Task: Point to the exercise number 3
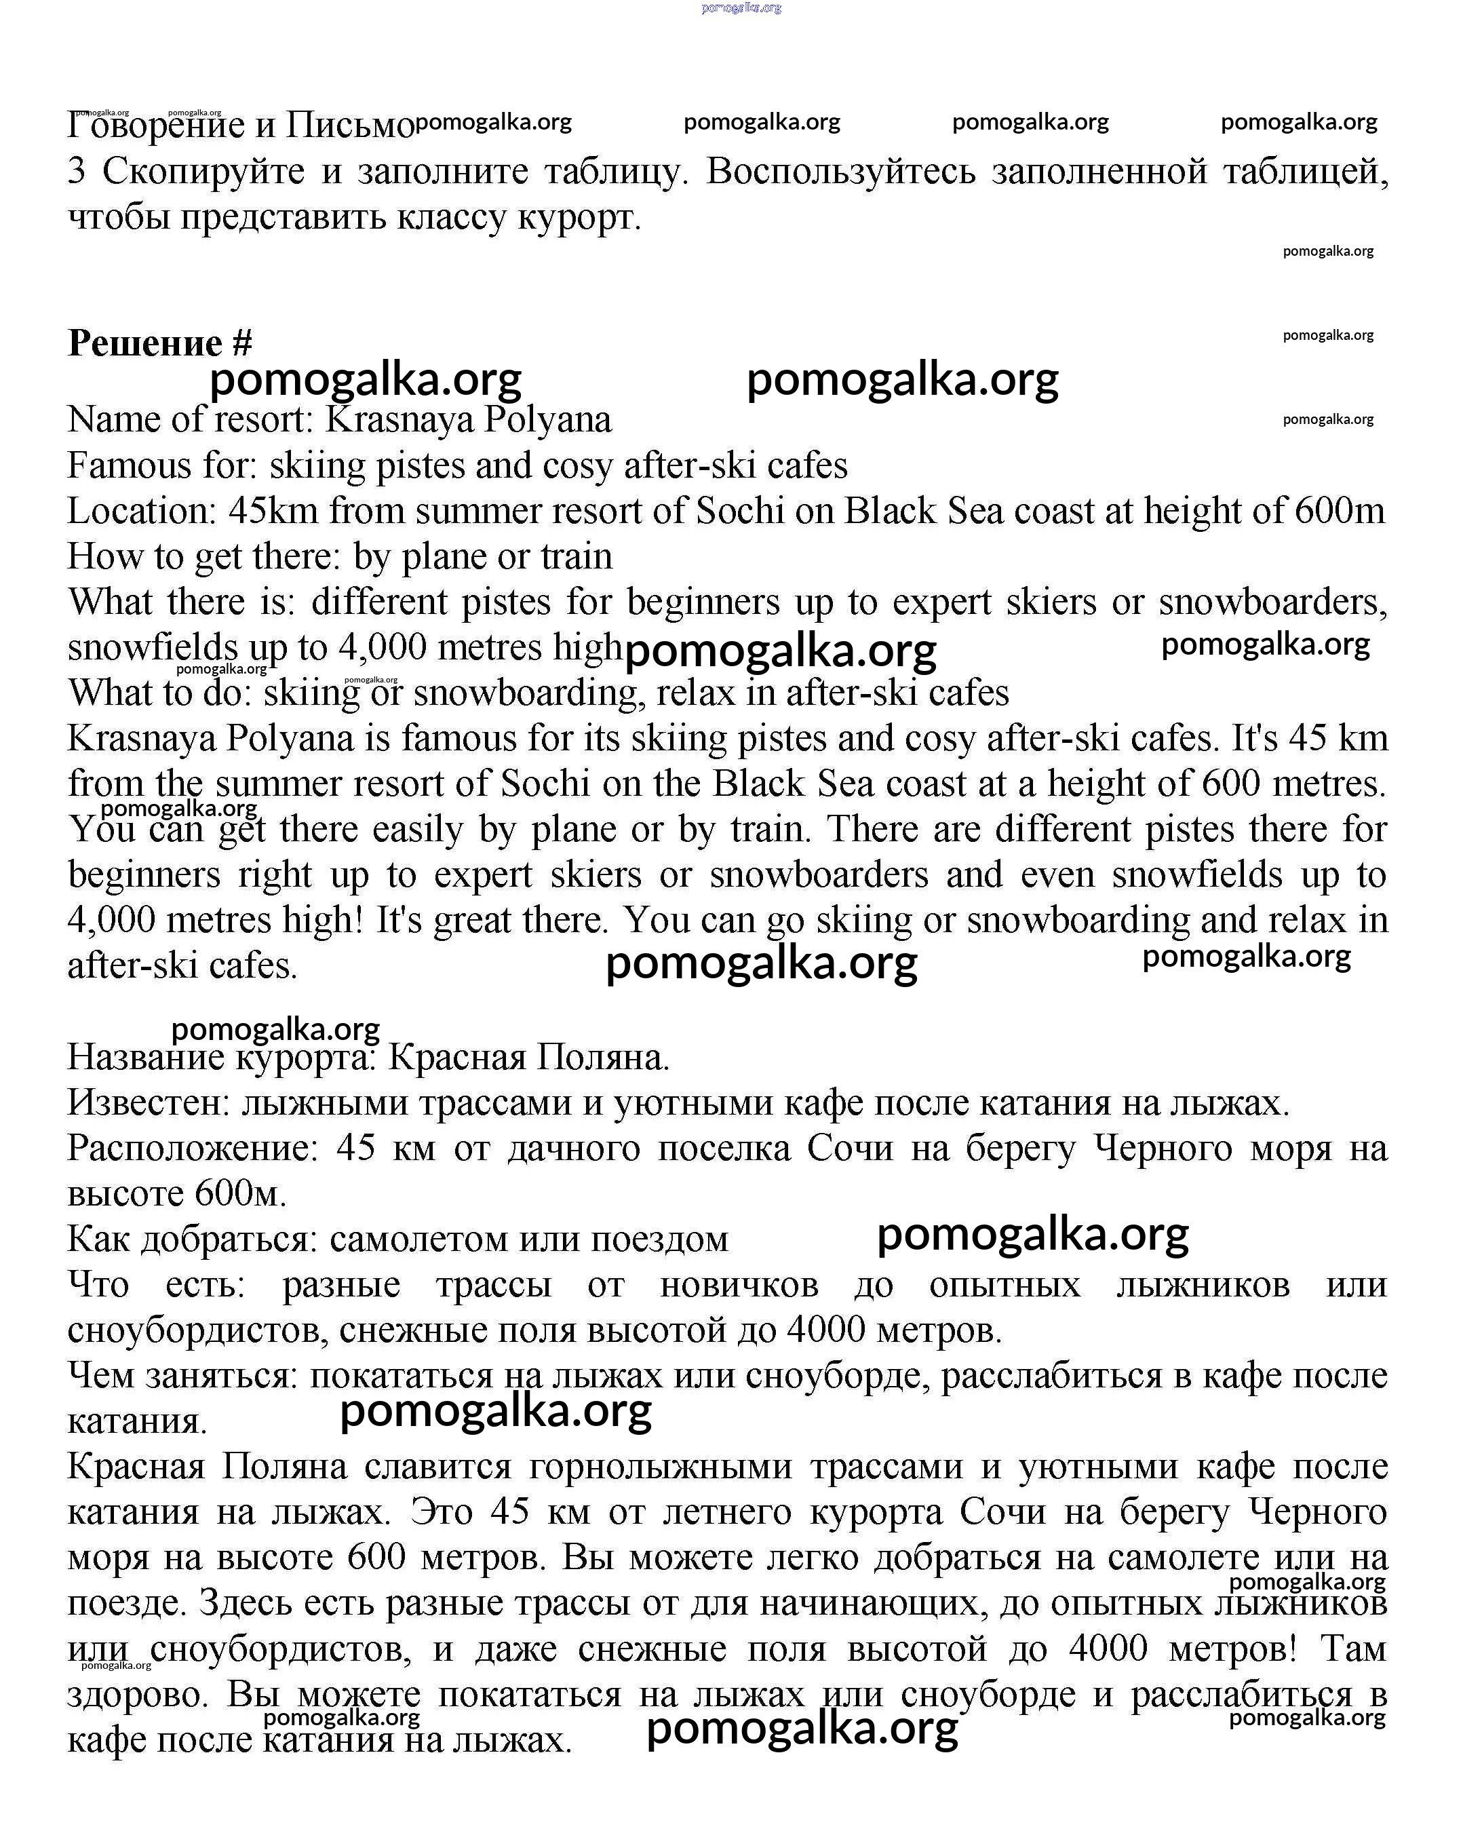76,172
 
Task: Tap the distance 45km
273,511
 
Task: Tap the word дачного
573,1148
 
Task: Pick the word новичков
739,1285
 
